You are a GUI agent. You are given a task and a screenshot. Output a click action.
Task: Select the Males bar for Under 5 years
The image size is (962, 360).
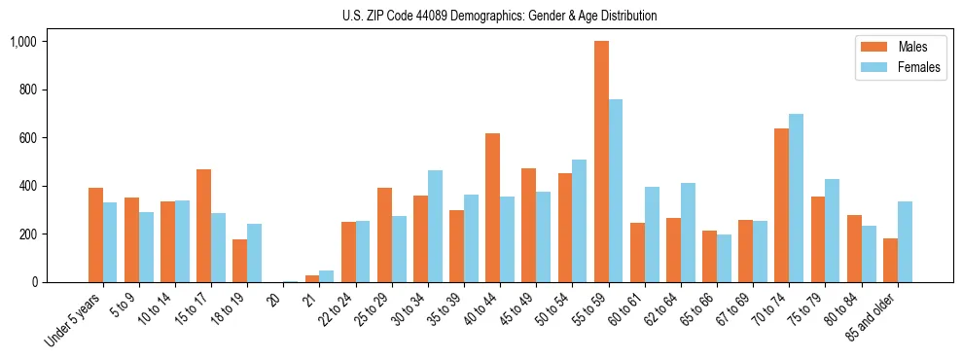[95, 234]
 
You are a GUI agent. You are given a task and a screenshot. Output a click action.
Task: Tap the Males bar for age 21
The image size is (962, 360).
[312, 278]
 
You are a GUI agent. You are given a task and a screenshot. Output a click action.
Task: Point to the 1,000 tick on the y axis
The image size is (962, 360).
[23, 42]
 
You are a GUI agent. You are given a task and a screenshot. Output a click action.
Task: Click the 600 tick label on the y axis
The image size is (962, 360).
[27, 138]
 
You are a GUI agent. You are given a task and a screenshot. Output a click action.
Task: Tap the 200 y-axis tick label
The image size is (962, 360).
[27, 234]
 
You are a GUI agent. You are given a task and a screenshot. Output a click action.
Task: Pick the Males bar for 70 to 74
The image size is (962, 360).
[781, 205]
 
